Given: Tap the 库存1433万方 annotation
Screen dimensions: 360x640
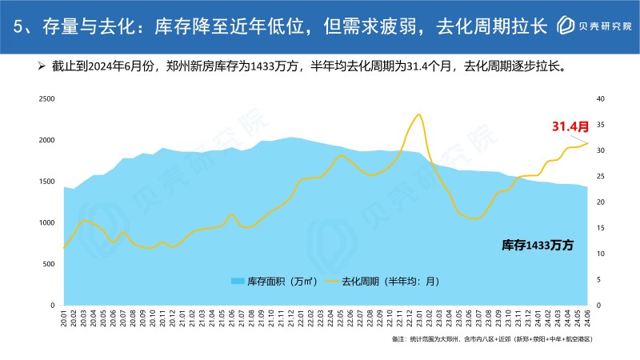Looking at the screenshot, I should pos(538,243).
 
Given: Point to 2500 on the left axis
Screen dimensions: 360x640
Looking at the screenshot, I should pos(47,99).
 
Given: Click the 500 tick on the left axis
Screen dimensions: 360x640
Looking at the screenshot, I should pos(50,264).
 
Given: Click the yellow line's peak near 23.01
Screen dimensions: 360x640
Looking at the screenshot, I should pos(418,114).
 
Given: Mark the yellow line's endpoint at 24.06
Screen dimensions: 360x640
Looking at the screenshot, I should pos(588,143).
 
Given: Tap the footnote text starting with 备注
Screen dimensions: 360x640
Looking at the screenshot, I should pos(492,340).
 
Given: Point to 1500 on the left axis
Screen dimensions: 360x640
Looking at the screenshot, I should pos(47,182).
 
